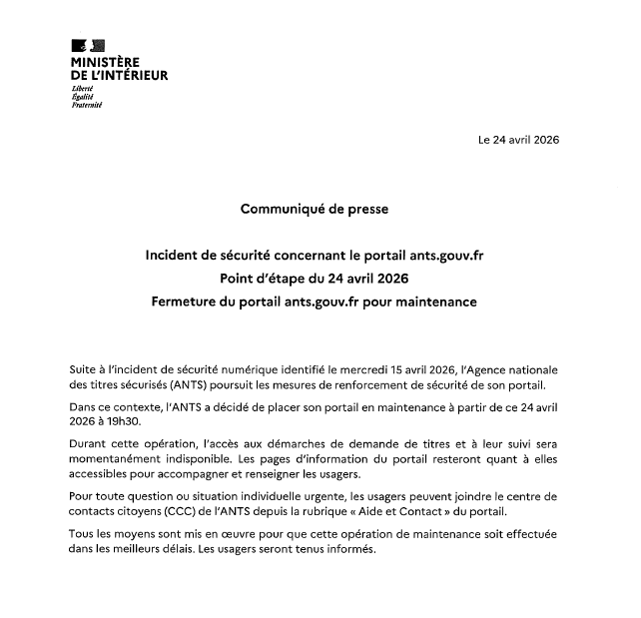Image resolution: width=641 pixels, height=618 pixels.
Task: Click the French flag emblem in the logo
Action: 88,46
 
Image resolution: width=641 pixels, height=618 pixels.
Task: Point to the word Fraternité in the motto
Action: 87,104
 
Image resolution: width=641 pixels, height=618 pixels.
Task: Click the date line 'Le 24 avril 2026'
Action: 518,139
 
